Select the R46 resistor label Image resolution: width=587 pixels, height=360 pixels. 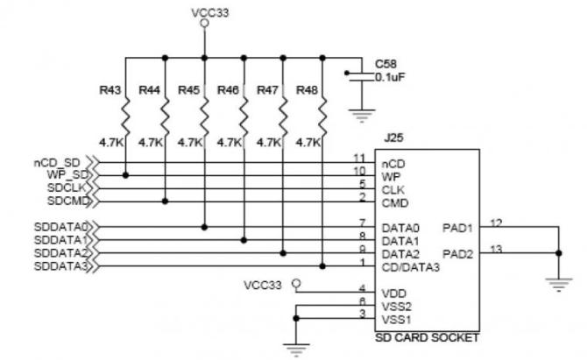(x=229, y=89)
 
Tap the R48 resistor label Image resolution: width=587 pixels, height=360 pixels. (x=308, y=89)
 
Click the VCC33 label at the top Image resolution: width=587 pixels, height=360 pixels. (x=205, y=13)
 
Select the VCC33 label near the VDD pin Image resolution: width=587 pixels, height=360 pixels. (x=264, y=285)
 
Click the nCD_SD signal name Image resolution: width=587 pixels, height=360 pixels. (x=57, y=162)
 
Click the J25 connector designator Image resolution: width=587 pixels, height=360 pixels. (x=392, y=138)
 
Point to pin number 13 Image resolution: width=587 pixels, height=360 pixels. (x=496, y=249)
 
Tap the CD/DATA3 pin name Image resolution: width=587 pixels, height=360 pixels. (x=410, y=266)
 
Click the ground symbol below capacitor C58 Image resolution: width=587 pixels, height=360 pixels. (x=357, y=113)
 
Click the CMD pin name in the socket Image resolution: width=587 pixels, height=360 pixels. (x=393, y=201)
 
